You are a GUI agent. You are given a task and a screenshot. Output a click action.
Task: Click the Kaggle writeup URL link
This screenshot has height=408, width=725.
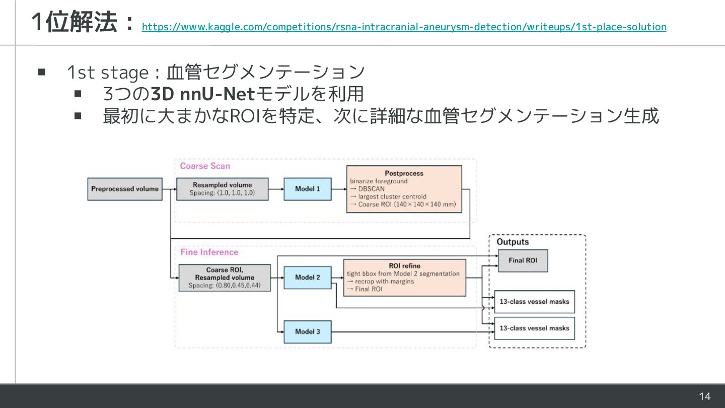404,27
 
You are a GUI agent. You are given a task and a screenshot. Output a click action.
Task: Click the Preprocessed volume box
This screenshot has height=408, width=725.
125,189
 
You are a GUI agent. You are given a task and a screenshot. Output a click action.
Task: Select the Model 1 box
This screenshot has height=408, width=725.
307,189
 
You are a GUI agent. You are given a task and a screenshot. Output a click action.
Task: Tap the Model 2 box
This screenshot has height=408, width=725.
307,278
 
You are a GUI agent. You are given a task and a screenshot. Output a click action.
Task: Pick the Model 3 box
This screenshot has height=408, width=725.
307,331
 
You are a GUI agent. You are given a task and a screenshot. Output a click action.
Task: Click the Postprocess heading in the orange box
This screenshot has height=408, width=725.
404,173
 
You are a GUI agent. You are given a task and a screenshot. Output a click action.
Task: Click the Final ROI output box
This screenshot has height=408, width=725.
523,260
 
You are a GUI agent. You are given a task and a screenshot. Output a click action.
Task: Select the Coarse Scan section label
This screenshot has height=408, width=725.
205,166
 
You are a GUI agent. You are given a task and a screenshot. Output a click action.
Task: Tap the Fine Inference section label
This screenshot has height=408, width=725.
209,252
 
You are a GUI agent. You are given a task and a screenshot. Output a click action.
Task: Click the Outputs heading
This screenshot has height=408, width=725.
513,242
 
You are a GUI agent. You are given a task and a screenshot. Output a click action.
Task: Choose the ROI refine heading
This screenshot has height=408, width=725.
404,265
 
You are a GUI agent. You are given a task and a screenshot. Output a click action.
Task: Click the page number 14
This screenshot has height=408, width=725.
705,396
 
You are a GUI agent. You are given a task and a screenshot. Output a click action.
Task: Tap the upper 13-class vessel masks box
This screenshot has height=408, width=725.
534,302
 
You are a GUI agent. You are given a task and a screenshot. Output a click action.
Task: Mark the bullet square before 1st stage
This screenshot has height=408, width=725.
42,73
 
